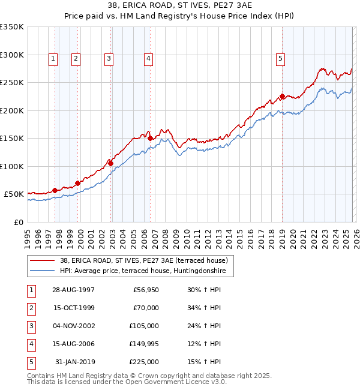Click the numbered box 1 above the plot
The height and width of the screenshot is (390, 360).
tap(54, 58)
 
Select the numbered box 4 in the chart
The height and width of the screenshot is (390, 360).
tap(148, 58)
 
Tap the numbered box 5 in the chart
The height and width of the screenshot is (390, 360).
tap(281, 58)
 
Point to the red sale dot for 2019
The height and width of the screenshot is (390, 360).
tap(282, 96)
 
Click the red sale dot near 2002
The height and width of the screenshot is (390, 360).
tap(110, 163)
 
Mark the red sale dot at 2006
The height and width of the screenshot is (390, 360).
tap(150, 138)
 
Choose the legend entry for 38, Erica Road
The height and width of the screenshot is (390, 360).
tap(143, 261)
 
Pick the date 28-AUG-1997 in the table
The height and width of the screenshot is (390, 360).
tap(73, 290)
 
